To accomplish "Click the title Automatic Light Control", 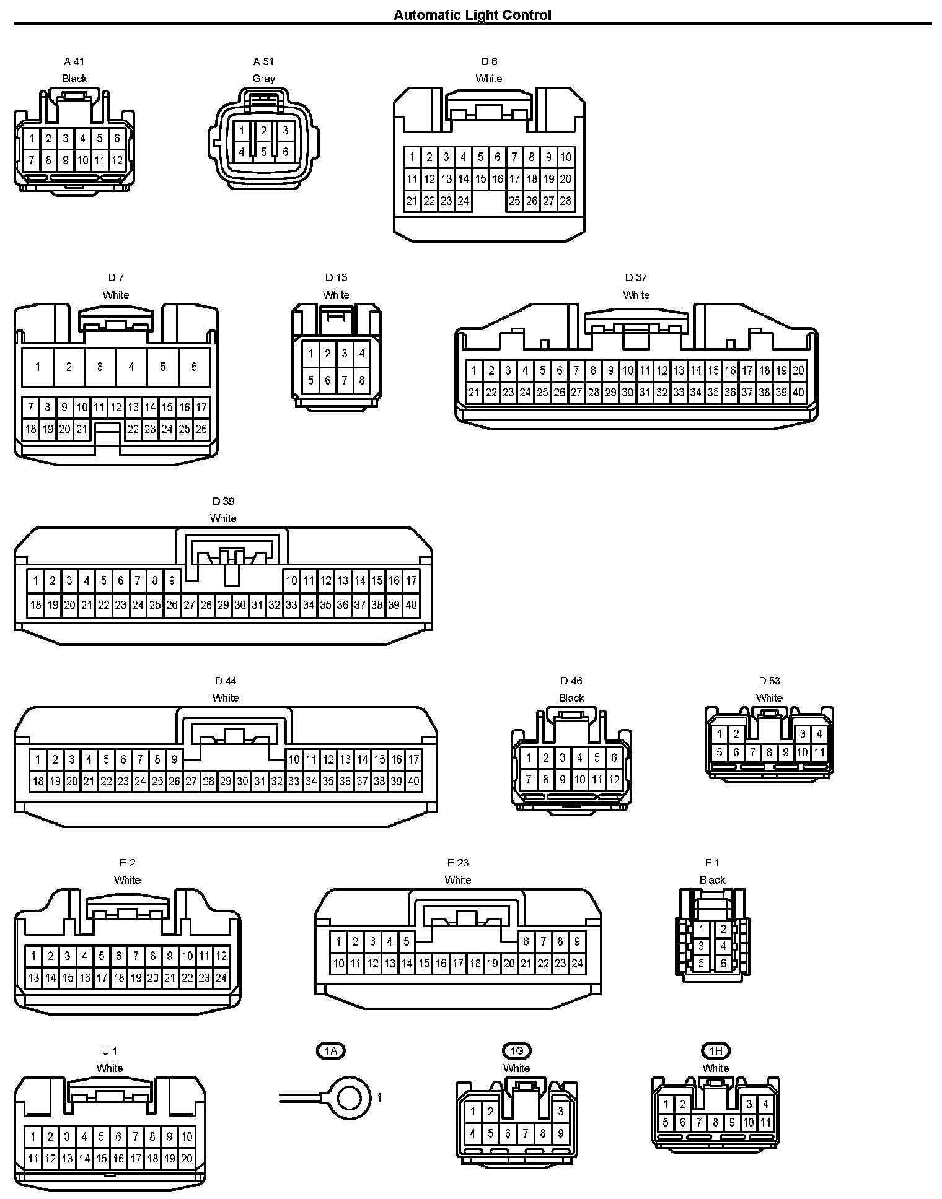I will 472,15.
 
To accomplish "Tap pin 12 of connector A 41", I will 117,160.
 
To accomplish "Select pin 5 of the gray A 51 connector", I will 263,152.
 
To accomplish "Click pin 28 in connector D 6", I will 565,201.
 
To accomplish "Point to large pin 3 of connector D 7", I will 100,367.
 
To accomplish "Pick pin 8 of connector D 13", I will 361,380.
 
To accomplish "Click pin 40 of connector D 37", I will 798,392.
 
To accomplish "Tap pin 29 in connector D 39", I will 223,605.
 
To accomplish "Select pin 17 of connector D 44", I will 413,759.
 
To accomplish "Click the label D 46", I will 571,681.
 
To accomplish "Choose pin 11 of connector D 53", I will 819,752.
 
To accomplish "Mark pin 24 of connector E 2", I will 221,978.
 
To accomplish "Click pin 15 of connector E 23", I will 424,963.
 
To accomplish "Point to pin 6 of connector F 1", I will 723,963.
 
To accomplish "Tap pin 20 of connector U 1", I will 187,1158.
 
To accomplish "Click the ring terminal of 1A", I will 349,1098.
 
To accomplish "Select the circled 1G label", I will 516,1050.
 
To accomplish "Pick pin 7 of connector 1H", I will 698,1122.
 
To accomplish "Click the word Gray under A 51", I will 263,79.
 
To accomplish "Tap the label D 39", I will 223,501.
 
